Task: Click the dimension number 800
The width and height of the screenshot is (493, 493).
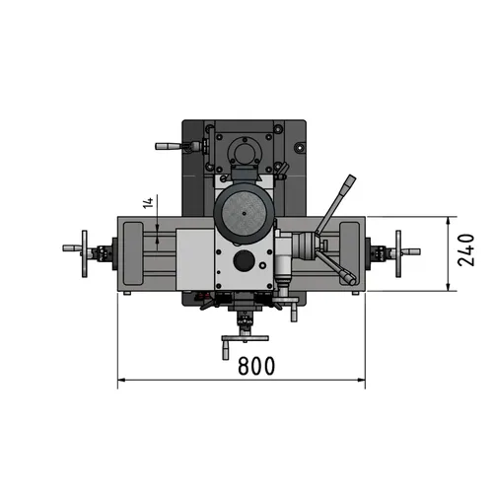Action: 255,365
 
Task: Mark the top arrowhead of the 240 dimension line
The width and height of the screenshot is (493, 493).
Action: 451,219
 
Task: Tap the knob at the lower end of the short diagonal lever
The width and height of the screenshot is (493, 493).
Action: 350,279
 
